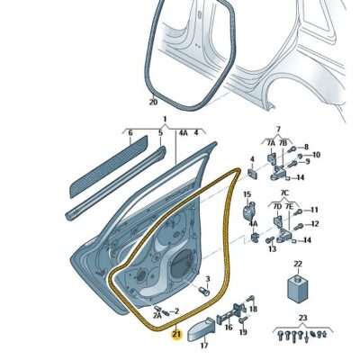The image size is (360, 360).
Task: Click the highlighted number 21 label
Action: (x=176, y=335)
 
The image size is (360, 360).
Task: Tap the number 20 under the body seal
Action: (x=153, y=103)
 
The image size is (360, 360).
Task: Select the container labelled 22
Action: (x=298, y=289)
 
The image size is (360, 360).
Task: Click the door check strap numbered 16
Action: (x=233, y=313)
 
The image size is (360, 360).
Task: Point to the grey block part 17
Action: (x=201, y=329)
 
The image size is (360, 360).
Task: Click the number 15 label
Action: (x=247, y=194)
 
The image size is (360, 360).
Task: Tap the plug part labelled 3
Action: (x=204, y=291)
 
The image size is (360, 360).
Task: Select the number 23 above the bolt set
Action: (x=302, y=318)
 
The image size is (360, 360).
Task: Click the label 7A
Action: (x=271, y=143)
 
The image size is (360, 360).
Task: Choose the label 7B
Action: (x=283, y=143)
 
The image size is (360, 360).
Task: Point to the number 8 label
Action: (x=306, y=147)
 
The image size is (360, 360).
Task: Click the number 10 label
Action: (x=316, y=155)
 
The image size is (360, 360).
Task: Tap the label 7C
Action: (x=284, y=193)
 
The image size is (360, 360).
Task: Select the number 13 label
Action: (x=272, y=248)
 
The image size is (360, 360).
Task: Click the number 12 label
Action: (x=315, y=224)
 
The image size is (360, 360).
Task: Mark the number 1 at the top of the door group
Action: (x=165, y=119)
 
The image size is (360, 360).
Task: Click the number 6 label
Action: (x=130, y=132)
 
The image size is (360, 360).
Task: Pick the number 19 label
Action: (x=243, y=332)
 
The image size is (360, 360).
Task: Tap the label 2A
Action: (x=157, y=315)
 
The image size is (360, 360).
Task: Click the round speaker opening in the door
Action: (x=182, y=263)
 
